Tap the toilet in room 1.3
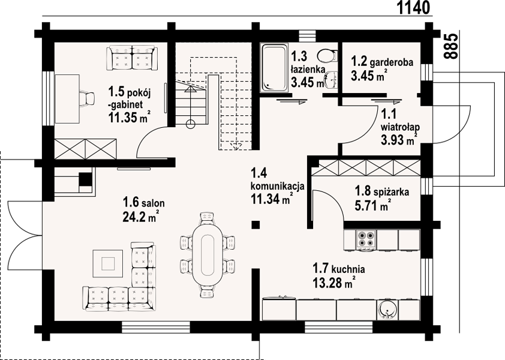click(x=327, y=55)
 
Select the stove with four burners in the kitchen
click(x=366, y=239)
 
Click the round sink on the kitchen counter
click(x=387, y=310)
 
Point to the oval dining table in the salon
click(x=208, y=254)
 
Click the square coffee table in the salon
click(x=107, y=263)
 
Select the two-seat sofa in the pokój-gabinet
click(x=132, y=58)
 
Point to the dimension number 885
click(x=450, y=46)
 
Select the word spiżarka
click(x=391, y=192)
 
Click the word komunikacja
click(x=277, y=185)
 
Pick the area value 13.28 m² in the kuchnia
click(x=334, y=283)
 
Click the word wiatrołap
click(x=400, y=127)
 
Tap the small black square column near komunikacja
click(x=255, y=224)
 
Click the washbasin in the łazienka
click(x=330, y=80)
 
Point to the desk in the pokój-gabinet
click(x=67, y=98)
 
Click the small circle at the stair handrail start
click(x=191, y=124)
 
